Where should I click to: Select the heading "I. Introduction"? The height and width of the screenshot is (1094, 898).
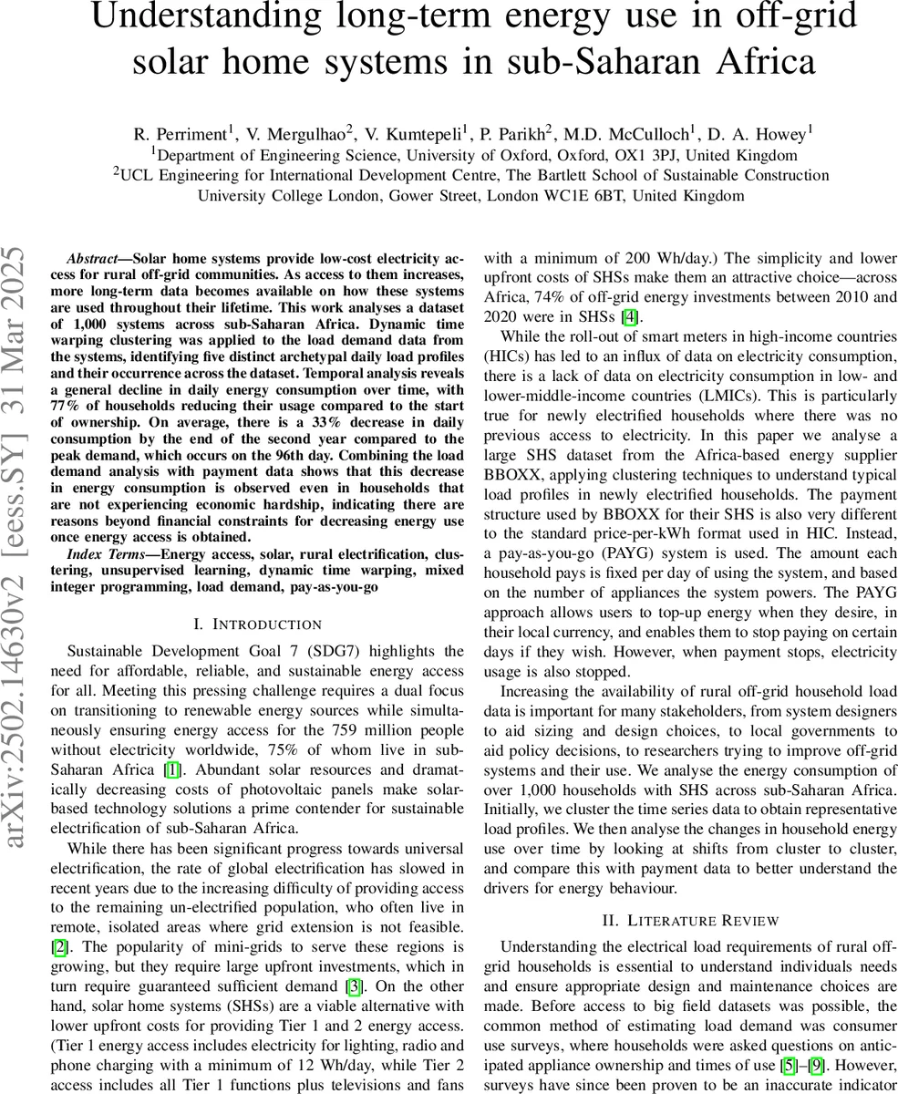point(258,624)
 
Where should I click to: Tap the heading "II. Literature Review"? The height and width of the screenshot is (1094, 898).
point(689,920)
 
